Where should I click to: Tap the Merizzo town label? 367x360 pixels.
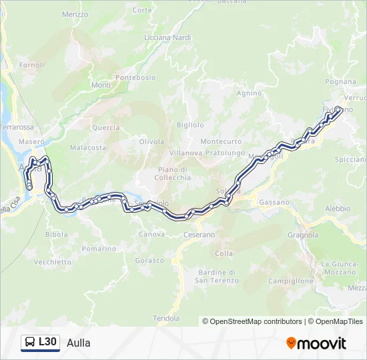click(74, 14)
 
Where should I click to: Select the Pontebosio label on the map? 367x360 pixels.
click(135, 78)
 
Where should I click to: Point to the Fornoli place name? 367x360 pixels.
click(31, 65)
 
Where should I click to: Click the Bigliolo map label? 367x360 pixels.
click(190, 125)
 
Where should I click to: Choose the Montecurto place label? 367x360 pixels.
click(221, 141)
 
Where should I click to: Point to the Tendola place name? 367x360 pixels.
click(167, 318)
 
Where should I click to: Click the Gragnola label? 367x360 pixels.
click(303, 235)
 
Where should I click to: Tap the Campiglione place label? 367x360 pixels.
click(290, 281)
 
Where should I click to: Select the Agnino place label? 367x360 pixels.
click(249, 93)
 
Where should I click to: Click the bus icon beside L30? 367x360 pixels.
click(30, 343)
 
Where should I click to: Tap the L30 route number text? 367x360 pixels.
click(48, 343)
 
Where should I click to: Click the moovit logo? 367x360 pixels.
click(316, 343)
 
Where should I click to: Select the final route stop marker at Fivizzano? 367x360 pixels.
click(338, 109)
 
